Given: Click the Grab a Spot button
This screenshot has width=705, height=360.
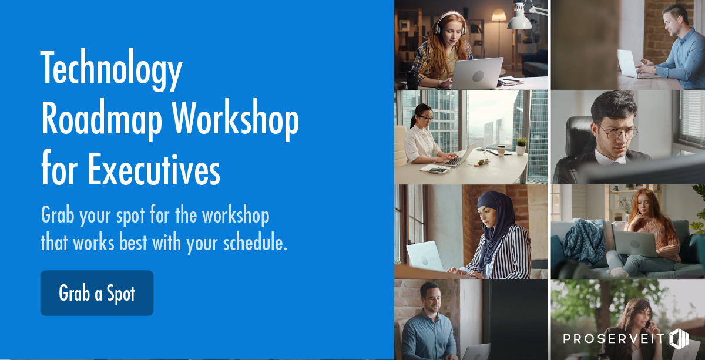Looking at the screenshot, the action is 97,293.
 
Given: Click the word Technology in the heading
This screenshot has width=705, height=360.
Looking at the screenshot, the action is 112,69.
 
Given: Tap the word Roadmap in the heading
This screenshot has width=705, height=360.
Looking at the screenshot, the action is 102,120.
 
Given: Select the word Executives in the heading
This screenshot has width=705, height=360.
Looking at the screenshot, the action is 154,170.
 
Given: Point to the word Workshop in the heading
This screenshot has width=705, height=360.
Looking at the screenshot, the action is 236,120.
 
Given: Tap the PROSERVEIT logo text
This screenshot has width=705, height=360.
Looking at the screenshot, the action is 614,339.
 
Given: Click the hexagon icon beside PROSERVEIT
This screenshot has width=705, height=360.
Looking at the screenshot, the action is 679,339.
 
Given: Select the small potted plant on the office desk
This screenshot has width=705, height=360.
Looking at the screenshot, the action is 521,146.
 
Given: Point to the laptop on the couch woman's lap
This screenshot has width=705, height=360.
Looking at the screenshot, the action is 635,244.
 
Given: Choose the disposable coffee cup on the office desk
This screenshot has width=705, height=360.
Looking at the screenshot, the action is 501,151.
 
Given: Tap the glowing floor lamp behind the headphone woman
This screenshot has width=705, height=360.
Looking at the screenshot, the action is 499,16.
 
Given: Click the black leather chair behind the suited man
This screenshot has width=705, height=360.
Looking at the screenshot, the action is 576,148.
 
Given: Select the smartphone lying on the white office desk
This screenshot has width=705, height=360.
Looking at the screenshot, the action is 438,170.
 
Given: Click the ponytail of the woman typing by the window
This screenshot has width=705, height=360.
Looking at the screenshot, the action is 413,120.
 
